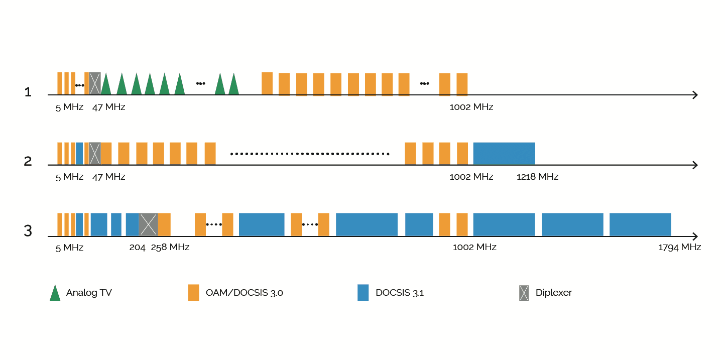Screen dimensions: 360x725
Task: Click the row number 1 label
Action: tap(28, 92)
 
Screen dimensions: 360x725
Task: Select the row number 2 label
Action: tap(28, 161)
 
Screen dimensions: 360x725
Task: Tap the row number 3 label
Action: tap(28, 231)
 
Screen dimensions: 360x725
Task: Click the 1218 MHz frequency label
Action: tap(537, 177)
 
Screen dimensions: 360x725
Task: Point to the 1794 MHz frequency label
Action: tap(679, 247)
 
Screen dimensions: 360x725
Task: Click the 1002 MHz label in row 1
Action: tap(471, 107)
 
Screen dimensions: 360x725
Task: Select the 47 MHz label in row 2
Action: tap(108, 177)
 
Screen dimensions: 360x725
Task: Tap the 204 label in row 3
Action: tap(137, 247)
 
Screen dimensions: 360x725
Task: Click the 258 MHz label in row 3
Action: tap(170, 247)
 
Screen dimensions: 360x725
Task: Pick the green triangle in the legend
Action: tap(55, 293)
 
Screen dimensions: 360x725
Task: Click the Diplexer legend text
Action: tap(553, 293)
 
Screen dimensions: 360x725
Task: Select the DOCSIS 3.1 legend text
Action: tap(399, 293)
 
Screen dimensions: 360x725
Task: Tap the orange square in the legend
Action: tap(193, 293)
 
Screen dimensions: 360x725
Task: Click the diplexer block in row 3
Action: tap(148, 224)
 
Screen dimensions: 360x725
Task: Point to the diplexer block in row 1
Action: tap(95, 83)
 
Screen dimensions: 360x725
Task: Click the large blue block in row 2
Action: tap(504, 154)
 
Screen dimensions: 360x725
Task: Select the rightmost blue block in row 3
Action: tap(640, 224)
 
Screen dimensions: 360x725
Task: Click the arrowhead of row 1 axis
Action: tap(695, 95)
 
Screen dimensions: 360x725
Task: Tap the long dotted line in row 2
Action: tap(310, 154)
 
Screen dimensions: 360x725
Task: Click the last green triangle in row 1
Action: tap(233, 84)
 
